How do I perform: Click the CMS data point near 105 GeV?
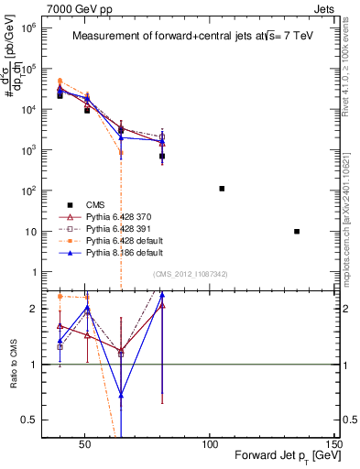coord(222,189)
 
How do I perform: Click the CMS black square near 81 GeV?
coord(162,157)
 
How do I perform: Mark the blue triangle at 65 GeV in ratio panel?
coord(121,396)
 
